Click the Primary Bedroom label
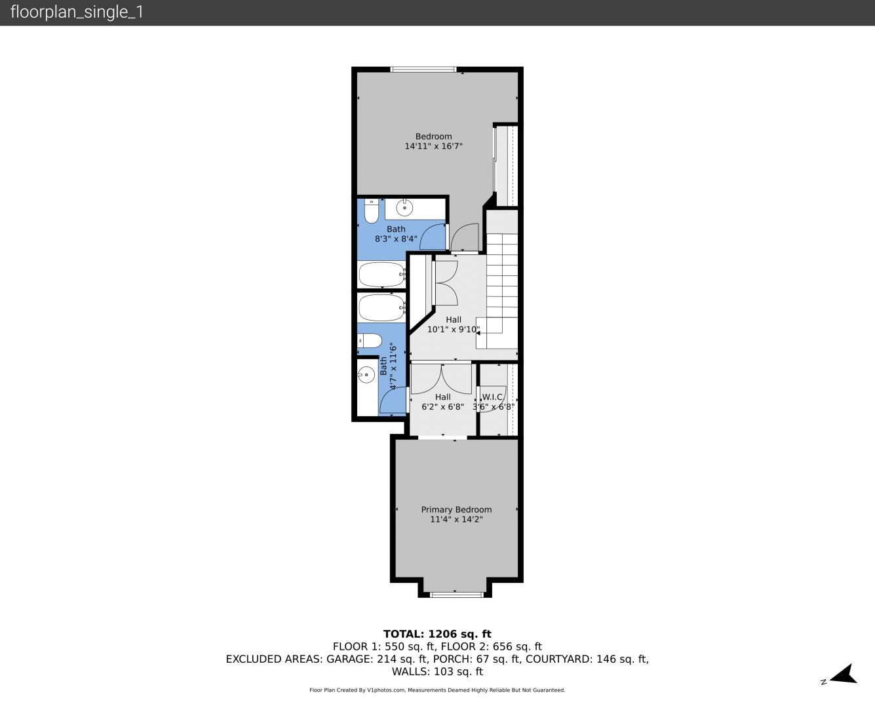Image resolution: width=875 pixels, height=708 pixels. click(456, 509)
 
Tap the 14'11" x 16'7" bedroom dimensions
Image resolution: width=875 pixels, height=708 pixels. click(433, 146)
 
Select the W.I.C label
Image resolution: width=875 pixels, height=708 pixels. click(492, 397)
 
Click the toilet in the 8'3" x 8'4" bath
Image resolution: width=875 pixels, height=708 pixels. click(372, 211)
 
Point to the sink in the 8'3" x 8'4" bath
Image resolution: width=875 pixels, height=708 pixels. click(404, 208)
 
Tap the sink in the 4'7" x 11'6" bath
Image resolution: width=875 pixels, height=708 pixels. click(366, 374)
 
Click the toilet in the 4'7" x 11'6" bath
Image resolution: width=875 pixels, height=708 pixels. click(370, 341)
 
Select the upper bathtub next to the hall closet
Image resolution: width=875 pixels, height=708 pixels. click(381, 274)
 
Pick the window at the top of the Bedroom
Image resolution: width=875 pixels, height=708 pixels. click(423, 69)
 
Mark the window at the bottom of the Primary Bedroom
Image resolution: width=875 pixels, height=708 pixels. click(456, 595)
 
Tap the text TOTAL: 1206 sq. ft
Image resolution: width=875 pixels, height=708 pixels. click(437, 634)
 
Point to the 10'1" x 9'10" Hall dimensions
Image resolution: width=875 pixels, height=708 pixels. click(454, 329)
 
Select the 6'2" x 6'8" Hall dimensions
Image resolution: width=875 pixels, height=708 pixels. click(443, 407)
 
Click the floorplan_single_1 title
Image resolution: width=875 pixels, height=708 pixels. click(77, 12)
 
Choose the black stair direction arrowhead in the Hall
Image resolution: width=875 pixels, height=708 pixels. click(478, 333)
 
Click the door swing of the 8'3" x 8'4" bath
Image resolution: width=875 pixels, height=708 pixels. click(433, 237)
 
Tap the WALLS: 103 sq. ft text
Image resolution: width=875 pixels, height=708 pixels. click(437, 672)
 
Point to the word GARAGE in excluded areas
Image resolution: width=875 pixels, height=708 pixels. click(349, 659)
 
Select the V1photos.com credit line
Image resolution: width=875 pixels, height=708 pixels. click(437, 690)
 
